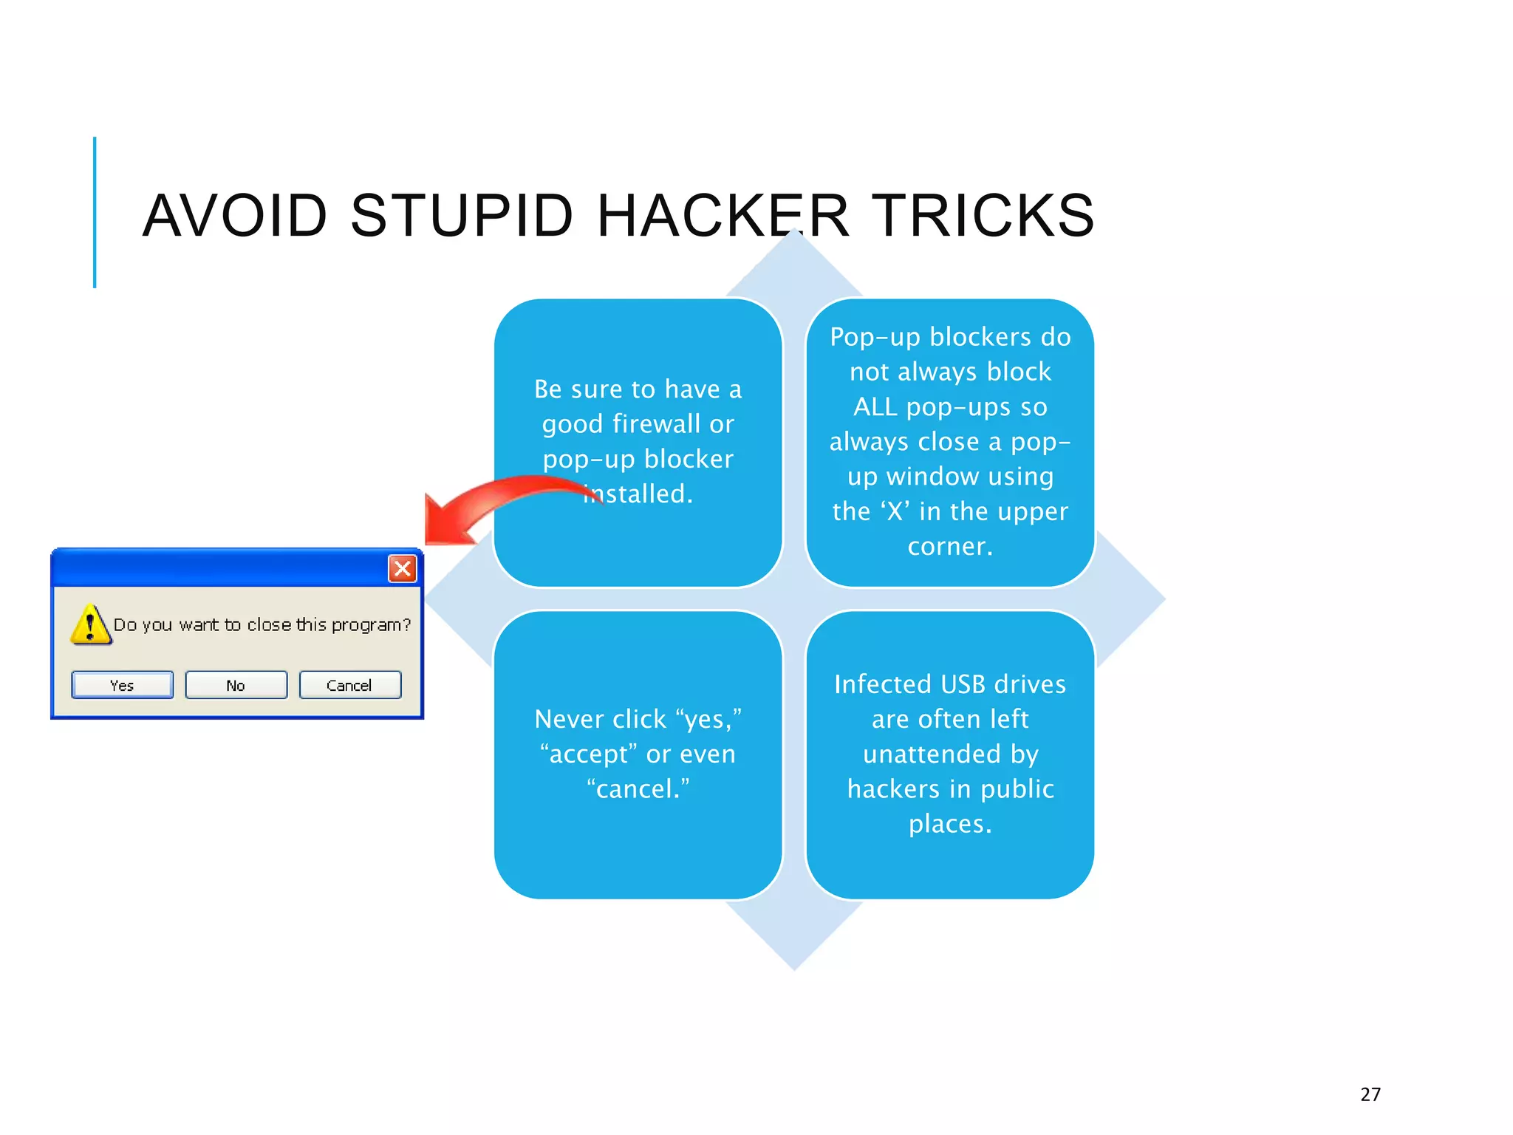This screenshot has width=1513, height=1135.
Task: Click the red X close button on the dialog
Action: [x=402, y=568]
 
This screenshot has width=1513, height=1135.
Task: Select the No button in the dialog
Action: [x=236, y=685]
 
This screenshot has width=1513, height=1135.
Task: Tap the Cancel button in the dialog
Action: [x=349, y=685]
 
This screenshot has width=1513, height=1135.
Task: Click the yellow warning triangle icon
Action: [x=91, y=624]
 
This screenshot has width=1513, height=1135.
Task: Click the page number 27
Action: [x=1370, y=1094]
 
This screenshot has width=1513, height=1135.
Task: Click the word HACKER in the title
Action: [x=723, y=216]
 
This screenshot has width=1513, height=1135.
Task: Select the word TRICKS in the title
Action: [x=983, y=216]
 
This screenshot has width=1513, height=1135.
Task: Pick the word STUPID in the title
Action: [x=462, y=216]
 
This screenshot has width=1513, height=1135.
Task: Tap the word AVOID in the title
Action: [x=235, y=216]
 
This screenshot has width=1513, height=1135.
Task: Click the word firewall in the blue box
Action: [x=657, y=424]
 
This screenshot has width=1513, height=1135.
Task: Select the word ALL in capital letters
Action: [x=875, y=407]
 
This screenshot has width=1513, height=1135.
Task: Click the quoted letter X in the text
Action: [x=895, y=511]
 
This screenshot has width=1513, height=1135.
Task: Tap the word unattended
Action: [x=932, y=754]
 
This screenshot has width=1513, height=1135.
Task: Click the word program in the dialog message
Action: [x=366, y=625]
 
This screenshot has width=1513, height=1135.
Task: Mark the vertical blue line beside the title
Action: [x=95, y=212]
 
